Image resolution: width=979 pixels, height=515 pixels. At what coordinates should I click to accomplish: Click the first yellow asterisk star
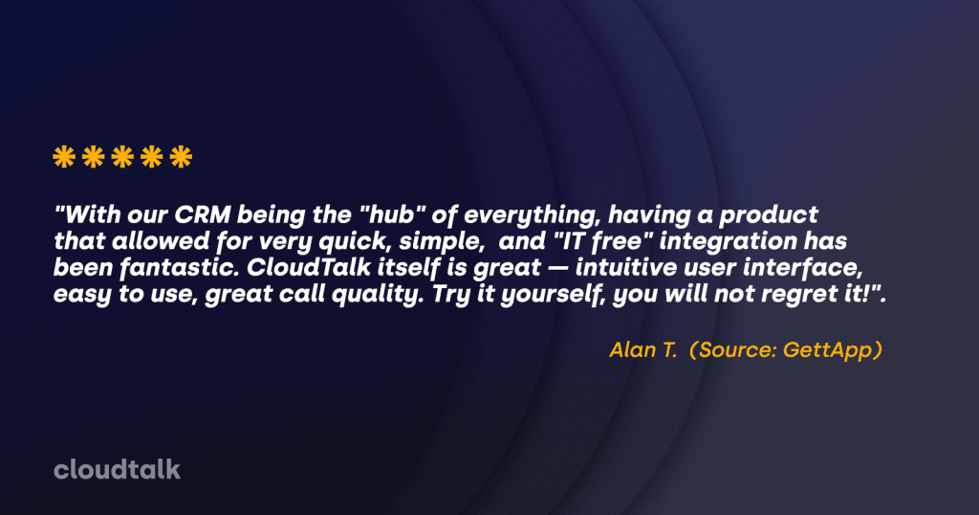64,157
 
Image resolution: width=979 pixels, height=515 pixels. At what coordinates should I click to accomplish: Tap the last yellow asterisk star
181,157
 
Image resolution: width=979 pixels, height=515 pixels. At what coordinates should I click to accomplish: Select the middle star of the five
122,157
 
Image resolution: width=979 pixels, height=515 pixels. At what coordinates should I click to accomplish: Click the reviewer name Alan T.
643,350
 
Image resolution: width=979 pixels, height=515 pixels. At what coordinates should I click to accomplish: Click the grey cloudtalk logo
118,469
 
